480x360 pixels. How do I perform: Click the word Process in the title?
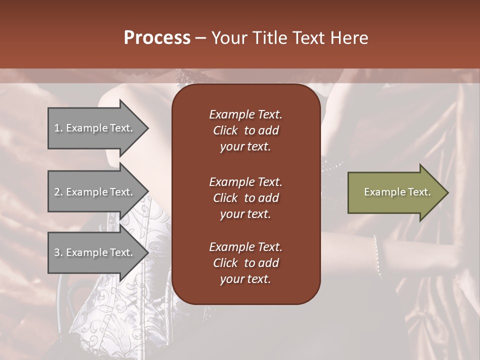[157, 38]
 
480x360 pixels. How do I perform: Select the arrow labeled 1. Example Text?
[95, 128]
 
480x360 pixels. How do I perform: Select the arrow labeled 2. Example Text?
[95, 192]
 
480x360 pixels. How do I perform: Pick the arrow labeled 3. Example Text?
[95, 252]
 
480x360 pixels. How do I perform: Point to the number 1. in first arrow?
[58, 128]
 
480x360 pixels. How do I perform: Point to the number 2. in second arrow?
[58, 192]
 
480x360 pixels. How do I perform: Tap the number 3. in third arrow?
[58, 252]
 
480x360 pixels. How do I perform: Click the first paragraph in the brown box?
[245, 130]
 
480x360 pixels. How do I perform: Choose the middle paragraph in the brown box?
[245, 197]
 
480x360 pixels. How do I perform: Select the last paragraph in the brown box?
[245, 263]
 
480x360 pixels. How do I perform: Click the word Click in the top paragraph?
[225, 131]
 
